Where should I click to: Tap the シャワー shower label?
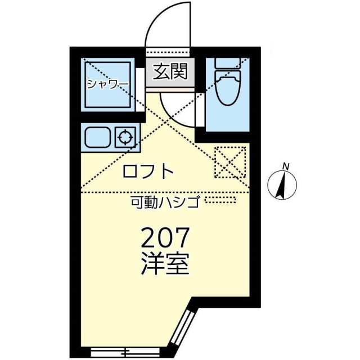(x=107, y=84)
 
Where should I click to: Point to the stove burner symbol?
(x=125, y=137)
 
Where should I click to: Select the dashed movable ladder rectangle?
(x=220, y=200)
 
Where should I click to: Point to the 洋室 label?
(x=164, y=263)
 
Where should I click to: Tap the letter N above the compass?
(x=286, y=166)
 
